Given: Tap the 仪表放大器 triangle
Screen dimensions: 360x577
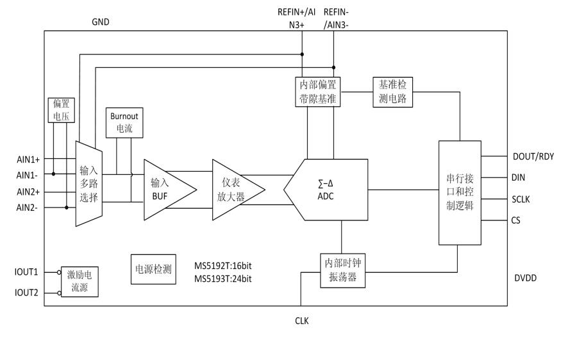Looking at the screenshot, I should click(x=234, y=190).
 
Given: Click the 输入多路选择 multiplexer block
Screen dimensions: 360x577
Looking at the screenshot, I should click(x=88, y=184).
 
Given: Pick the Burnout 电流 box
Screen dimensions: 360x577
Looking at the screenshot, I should click(x=122, y=123).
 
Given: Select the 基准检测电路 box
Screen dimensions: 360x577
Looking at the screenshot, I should click(x=392, y=92).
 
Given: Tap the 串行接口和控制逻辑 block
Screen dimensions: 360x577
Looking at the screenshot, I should click(x=459, y=192).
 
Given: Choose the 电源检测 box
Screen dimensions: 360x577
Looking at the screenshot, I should click(x=153, y=270).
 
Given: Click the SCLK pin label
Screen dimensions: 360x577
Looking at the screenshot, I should click(x=521, y=199).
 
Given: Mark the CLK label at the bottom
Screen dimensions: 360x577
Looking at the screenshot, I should click(x=301, y=320).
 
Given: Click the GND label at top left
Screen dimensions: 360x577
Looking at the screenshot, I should click(x=101, y=22).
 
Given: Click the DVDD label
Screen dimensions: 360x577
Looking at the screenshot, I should click(x=525, y=279).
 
